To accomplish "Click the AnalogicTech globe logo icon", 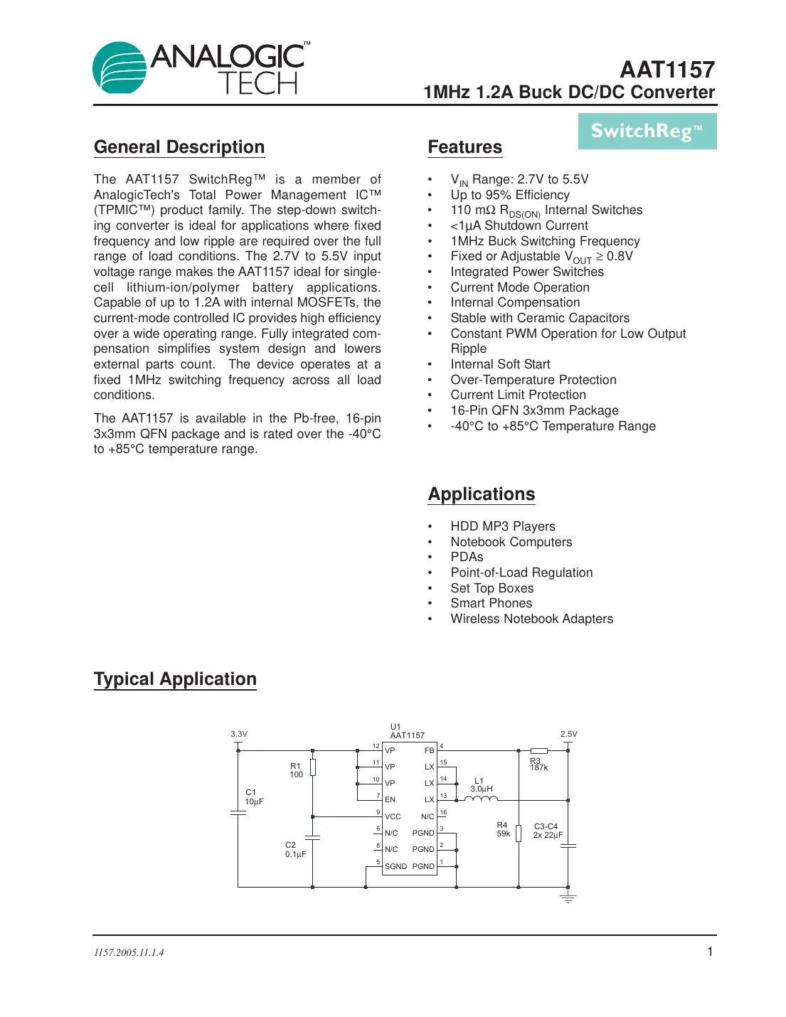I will (x=120, y=68).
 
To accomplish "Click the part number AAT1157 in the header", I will (x=666, y=70).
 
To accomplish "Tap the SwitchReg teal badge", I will (x=647, y=132).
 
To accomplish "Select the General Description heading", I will (x=179, y=147).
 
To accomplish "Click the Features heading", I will (x=464, y=147).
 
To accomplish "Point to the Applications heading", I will (x=481, y=494).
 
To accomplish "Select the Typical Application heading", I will (x=175, y=679).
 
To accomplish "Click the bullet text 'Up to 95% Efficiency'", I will (x=510, y=195).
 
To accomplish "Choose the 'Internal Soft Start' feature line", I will (x=500, y=364).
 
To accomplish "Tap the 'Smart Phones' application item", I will (x=491, y=603).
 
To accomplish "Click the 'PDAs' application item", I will (x=467, y=557).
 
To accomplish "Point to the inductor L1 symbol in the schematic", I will (x=482, y=799).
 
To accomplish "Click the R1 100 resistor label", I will (x=296, y=770).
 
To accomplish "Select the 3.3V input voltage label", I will (x=239, y=734).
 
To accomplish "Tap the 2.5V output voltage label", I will (x=568, y=734).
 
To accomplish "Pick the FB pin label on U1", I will (x=429, y=750).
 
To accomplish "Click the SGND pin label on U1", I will (x=395, y=866).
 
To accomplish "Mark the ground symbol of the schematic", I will (x=568, y=898).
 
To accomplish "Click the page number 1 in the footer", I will (x=710, y=952).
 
